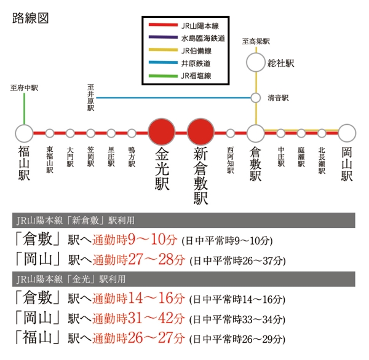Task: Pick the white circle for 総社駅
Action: coord(255,62)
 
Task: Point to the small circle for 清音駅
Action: coord(255,98)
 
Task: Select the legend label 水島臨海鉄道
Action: coord(202,39)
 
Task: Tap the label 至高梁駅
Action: coord(256,42)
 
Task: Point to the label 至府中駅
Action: coord(25,88)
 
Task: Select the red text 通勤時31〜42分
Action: coord(138,319)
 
